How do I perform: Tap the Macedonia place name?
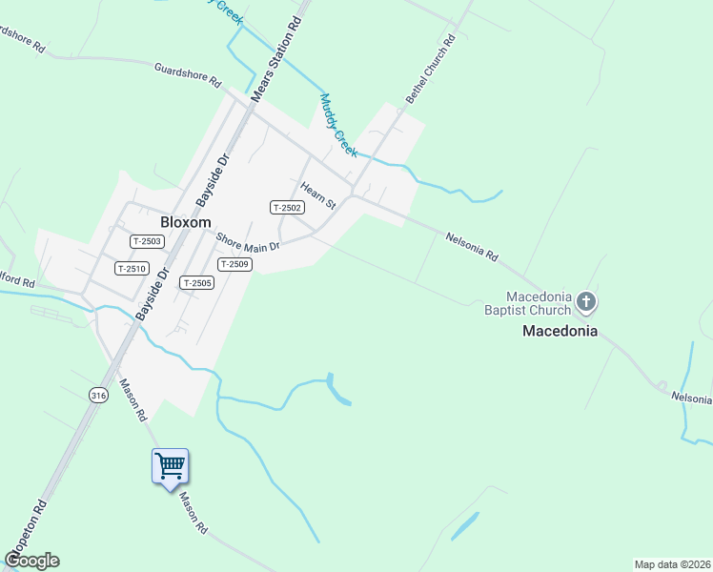coord(560,332)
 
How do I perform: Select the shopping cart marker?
coord(171,467)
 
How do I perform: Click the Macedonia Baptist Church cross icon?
coord(586,303)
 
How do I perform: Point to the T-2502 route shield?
coord(287,208)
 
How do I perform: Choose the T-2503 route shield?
coord(147,242)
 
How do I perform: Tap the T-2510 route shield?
coord(132,269)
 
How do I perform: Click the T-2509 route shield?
coord(234,264)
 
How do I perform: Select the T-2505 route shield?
coord(197,283)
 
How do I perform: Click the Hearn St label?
coord(318,195)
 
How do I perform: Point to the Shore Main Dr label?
coord(247,242)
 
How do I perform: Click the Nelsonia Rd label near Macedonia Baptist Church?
coord(472,245)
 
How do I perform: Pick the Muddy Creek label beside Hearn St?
coord(338,125)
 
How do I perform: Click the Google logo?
coord(31,561)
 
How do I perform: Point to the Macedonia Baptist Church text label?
coord(539,302)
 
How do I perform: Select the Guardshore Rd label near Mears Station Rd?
coord(187,73)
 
